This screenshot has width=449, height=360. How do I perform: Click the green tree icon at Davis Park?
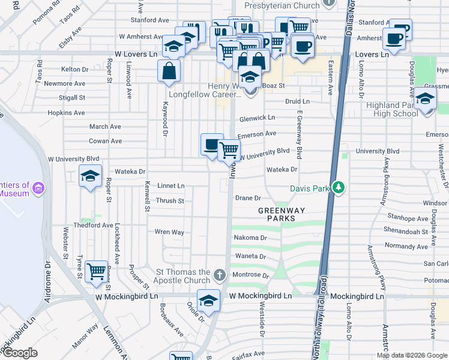339,188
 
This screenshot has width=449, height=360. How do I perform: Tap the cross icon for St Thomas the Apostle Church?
220,276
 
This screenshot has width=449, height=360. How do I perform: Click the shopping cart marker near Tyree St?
96,272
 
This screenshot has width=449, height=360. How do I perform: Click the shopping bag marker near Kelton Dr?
169,70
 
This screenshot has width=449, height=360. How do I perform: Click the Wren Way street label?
169,232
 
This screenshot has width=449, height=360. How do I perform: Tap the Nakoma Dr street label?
249,238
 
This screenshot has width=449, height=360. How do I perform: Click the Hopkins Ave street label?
67,113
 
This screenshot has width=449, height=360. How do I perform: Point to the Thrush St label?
170,201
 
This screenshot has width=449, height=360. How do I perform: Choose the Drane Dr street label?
248,197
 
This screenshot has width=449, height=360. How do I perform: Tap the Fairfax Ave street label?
249,354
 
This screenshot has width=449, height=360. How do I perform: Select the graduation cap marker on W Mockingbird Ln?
208,301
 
